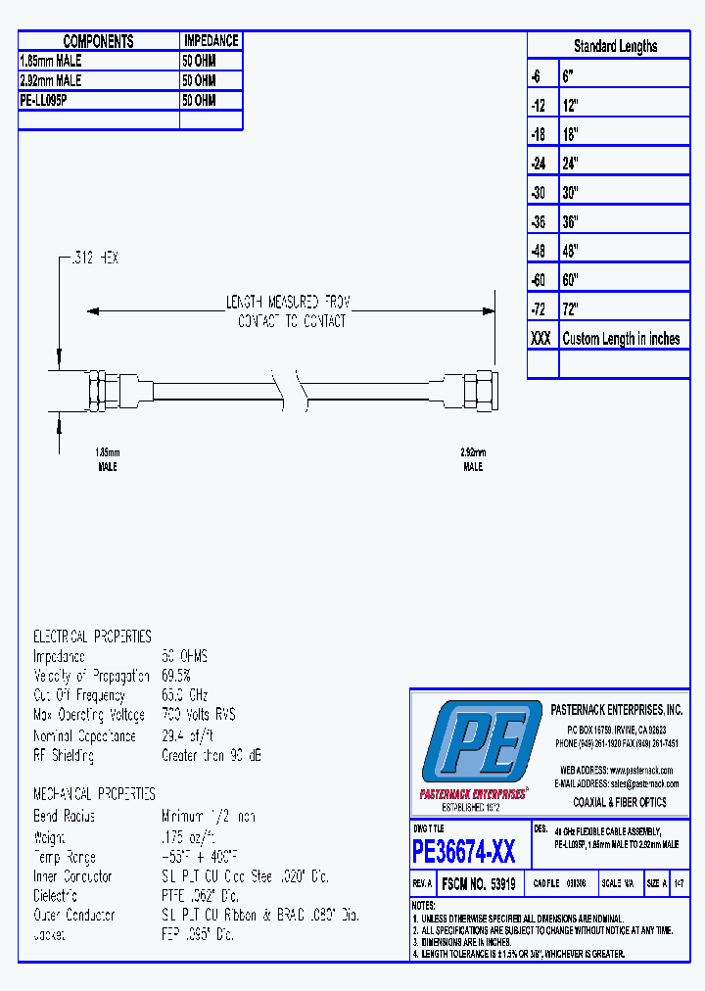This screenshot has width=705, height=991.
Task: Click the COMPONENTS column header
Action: coord(98,41)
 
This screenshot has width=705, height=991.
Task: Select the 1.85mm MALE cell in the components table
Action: coord(51,61)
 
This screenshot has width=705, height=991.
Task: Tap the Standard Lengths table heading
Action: coord(615,46)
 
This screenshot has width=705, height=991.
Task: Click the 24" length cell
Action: coord(571,163)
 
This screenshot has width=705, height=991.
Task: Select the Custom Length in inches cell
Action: coord(621,339)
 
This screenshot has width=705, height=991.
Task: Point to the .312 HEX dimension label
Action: coord(94,259)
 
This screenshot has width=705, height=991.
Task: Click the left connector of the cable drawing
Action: coord(101,389)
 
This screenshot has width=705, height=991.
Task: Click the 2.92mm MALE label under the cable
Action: coord(472,459)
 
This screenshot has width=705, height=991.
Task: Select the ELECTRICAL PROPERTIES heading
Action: coord(92,636)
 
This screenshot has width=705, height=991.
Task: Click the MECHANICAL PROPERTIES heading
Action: coord(94,793)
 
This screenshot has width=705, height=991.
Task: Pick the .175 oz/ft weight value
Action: coord(190,836)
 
